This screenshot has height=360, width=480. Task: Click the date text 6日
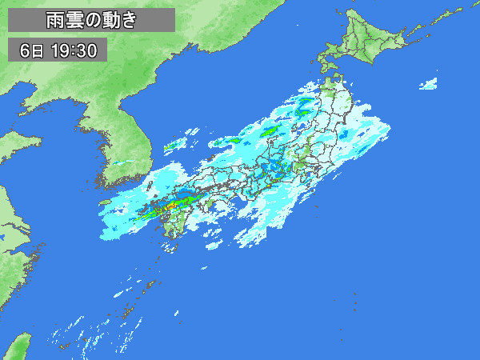(x=34, y=51)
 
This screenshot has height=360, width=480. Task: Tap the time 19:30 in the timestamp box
(x=73, y=51)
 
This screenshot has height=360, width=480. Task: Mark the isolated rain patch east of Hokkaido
(x=430, y=82)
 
